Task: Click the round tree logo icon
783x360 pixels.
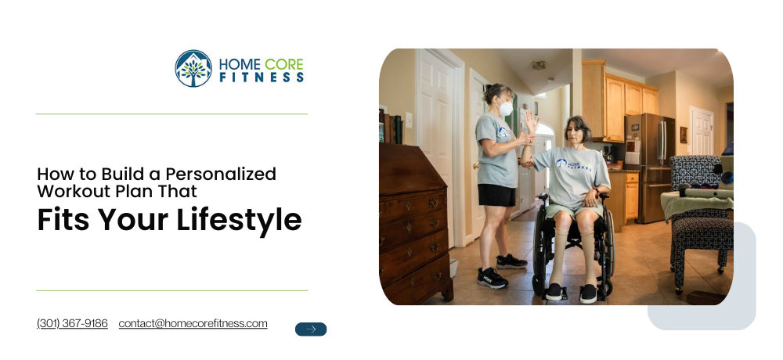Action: coord(193,69)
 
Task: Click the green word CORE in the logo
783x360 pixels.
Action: coord(283,64)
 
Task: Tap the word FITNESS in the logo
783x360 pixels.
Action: coord(262,77)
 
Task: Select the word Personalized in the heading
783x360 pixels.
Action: coord(221,174)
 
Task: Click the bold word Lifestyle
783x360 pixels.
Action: coord(239,219)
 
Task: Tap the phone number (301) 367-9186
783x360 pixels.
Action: coord(72,323)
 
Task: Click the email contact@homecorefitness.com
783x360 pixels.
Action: coord(193,323)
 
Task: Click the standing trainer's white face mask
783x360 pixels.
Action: coord(506,108)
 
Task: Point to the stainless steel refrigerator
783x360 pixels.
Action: coord(649,167)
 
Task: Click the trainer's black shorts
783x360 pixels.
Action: coord(497,195)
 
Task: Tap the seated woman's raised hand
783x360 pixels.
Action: coord(530,121)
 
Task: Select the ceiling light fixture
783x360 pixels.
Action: coord(539,65)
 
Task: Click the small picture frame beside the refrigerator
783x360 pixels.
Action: coord(684,135)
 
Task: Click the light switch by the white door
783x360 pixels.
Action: coord(409,120)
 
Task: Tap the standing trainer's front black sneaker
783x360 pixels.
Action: coord(492,278)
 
